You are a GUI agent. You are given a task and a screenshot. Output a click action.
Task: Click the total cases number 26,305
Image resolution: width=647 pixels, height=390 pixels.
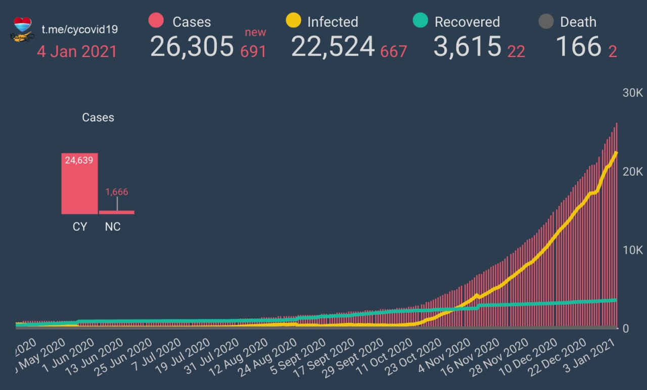(x=192, y=47)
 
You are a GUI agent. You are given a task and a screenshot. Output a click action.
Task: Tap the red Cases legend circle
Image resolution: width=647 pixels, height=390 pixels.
(x=156, y=21)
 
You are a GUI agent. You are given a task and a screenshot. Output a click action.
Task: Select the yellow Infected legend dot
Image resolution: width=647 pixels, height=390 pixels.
(x=293, y=21)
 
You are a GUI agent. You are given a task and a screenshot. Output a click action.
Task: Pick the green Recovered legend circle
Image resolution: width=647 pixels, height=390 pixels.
(x=421, y=21)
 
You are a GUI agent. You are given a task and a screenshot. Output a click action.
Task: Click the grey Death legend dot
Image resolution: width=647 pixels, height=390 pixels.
(x=546, y=22)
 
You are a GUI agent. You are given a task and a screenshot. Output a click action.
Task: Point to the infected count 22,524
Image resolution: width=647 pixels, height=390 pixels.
(x=333, y=47)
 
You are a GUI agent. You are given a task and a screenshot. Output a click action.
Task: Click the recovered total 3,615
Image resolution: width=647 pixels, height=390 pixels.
(x=467, y=47)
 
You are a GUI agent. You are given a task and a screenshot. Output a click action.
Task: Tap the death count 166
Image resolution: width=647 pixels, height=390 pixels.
(x=578, y=47)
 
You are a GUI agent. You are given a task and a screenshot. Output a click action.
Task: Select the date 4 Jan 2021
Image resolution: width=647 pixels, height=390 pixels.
(x=77, y=51)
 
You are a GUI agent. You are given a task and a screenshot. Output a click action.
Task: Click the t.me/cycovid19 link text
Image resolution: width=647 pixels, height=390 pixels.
(x=79, y=29)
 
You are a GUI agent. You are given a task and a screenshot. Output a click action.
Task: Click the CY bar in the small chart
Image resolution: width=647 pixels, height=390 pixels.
(x=79, y=184)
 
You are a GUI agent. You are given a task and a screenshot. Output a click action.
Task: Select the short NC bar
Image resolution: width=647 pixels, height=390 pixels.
(x=116, y=212)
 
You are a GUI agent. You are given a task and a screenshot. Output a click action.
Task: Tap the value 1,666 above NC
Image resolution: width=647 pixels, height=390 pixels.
(x=117, y=192)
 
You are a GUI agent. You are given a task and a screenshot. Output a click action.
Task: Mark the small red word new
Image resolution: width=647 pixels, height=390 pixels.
(x=255, y=33)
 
